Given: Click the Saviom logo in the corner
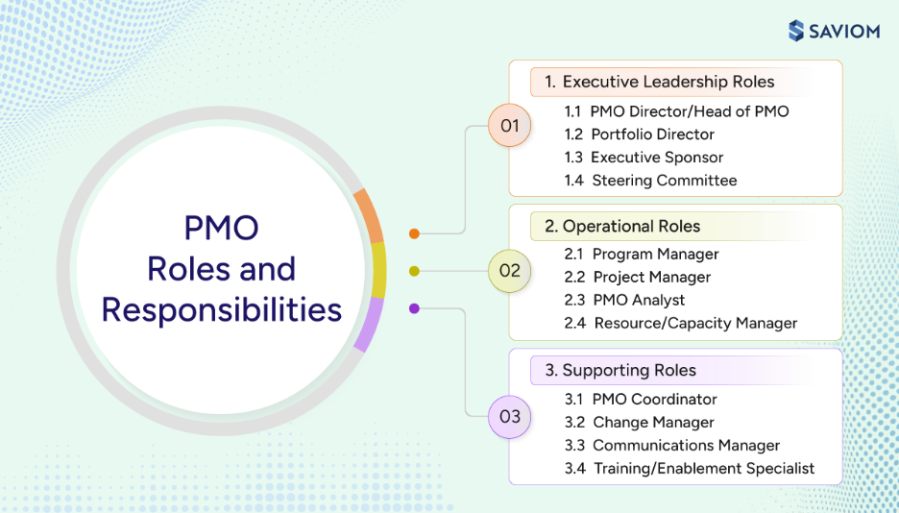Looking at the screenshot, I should tap(833, 31).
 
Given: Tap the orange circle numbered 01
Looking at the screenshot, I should tap(509, 126).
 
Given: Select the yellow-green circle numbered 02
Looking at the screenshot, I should tap(509, 271).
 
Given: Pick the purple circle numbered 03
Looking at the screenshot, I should tap(509, 416).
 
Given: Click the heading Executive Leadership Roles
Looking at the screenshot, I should tap(659, 82).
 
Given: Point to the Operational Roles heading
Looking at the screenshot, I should tap(622, 227).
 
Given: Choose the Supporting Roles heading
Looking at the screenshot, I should tap(620, 370).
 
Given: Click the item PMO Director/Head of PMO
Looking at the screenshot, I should tap(677, 111).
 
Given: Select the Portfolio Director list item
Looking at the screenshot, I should tap(640, 134).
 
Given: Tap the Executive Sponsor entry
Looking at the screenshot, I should tap(644, 158).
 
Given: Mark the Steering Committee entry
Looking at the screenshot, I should tap(651, 181).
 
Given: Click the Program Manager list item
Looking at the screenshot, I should tap(642, 255).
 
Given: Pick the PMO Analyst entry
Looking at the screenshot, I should tap(625, 300).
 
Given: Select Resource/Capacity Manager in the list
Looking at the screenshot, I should tap(681, 323).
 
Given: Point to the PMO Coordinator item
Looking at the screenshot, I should tap(641, 399).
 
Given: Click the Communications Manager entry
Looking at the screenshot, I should tap(672, 445).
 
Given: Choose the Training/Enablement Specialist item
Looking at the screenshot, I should tap(690, 468).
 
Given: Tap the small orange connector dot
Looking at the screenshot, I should tap(414, 233).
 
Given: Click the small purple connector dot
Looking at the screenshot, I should tap(414, 308).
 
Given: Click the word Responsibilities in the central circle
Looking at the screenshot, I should tap(222, 310).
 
